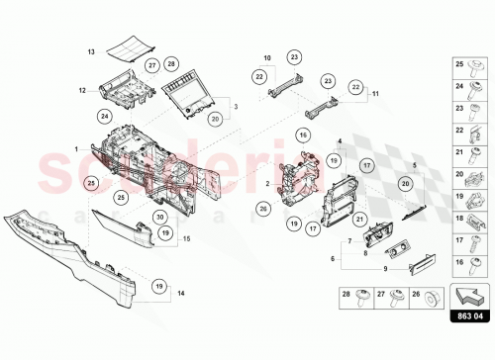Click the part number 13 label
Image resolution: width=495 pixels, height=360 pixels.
pyautogui.click(x=91, y=49)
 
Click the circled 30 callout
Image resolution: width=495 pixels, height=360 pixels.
pyautogui.click(x=158, y=217)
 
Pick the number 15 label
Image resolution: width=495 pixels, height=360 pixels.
pyautogui.click(x=186, y=238)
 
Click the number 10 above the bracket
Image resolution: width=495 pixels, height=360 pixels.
pyautogui.click(x=266, y=58)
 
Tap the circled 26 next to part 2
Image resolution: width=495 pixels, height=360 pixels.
pyautogui.click(x=263, y=209)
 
